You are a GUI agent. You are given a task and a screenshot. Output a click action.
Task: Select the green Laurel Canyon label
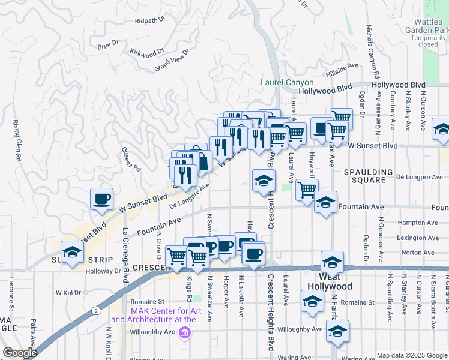click(287, 83)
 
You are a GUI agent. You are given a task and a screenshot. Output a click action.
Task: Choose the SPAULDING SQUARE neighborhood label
click(368, 176)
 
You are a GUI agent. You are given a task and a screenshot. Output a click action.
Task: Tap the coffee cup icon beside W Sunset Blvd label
click(101, 198)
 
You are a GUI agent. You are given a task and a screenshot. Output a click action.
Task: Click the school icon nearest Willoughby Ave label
click(338, 332)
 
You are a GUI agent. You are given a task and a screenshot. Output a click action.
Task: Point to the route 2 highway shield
click(96, 310)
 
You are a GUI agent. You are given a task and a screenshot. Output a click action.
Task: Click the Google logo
click(19, 353)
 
